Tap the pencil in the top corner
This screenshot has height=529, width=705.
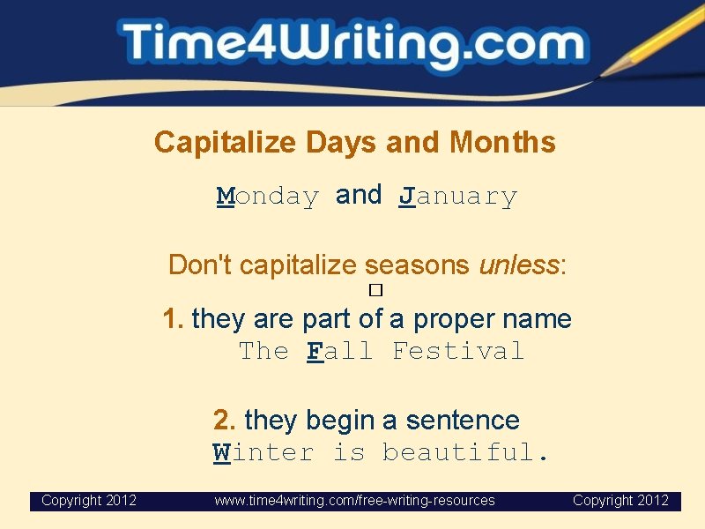652,40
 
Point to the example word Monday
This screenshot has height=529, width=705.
268,196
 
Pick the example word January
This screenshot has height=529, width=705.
457,196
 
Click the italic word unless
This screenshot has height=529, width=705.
519,264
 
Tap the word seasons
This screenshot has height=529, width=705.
418,264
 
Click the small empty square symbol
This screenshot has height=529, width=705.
375,289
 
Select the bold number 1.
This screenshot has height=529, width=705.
173,318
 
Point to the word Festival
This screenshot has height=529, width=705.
457,351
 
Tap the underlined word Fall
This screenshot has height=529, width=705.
339,351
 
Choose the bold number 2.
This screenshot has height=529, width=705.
224,420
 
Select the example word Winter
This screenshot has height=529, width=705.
263,453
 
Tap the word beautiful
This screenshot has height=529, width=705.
464,453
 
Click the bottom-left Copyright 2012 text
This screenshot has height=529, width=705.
89,501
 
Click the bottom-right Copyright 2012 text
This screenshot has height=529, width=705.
620,501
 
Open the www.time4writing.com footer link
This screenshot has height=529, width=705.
354,501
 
